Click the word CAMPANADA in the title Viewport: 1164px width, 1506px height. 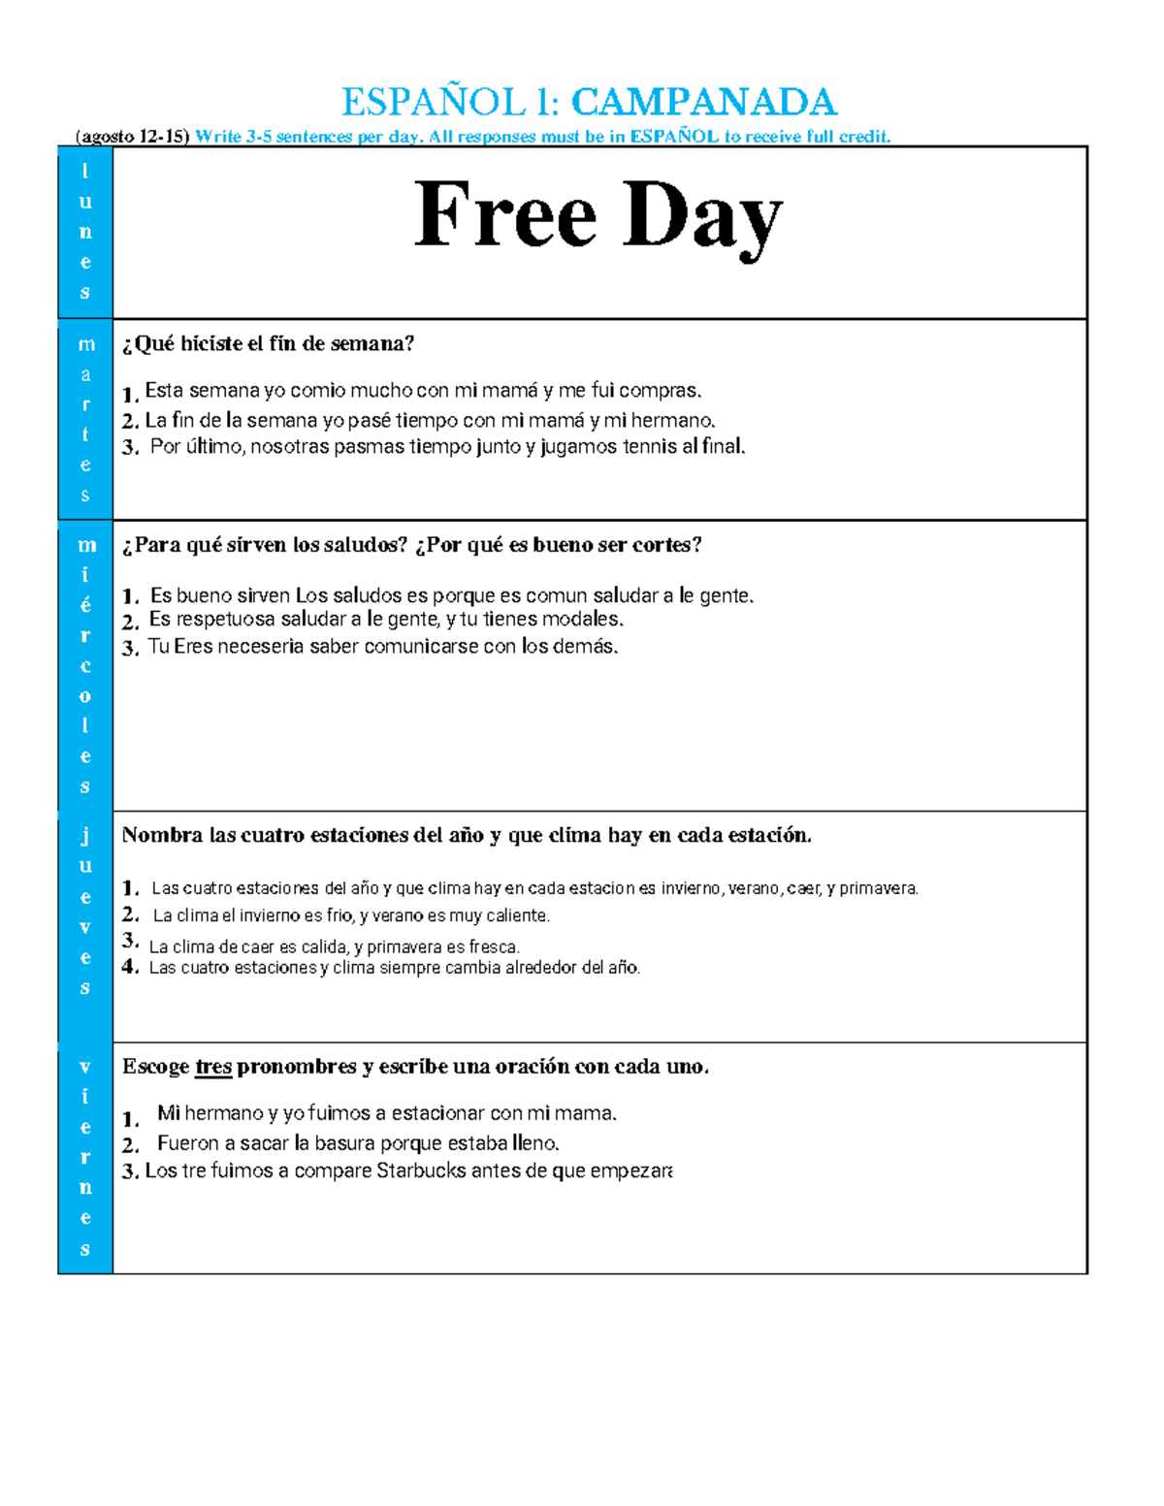[703, 102]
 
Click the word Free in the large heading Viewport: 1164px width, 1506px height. [504, 215]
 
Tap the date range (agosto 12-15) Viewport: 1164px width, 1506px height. [133, 137]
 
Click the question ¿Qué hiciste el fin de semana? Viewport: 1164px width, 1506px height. [268, 343]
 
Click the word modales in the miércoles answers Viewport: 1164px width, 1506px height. [582, 619]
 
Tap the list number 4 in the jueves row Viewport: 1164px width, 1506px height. [130, 967]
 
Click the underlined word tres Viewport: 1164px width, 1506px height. [213, 1068]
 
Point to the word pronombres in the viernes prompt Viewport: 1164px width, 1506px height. [297, 1068]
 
